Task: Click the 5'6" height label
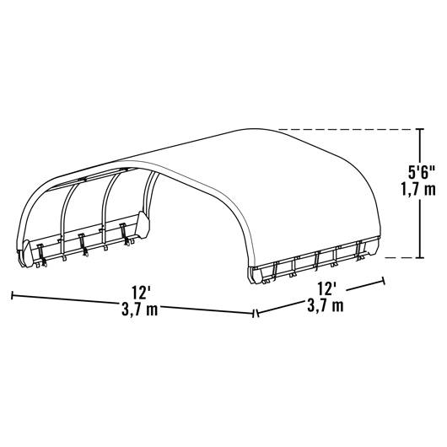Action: [x=422, y=173]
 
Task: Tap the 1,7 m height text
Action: [x=419, y=189]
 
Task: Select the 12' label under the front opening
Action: [x=141, y=292]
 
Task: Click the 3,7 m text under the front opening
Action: [x=140, y=310]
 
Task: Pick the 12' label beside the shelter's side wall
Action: [x=326, y=289]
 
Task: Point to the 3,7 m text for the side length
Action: [x=326, y=305]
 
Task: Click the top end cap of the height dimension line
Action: [x=420, y=129]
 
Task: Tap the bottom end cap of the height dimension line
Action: [x=420, y=258]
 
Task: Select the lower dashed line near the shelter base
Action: [x=400, y=258]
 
